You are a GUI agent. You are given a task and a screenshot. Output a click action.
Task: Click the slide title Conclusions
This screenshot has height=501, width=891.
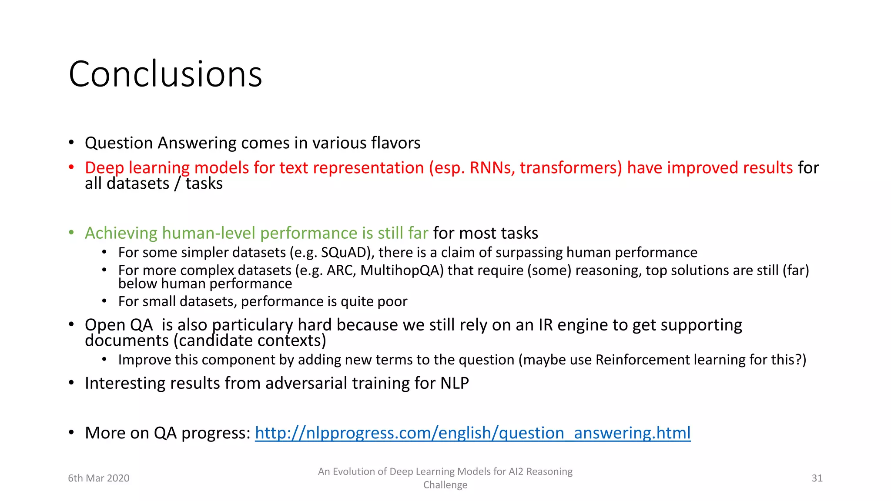click(165, 74)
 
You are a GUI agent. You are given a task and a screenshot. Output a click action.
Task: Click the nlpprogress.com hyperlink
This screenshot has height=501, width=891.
click(472, 433)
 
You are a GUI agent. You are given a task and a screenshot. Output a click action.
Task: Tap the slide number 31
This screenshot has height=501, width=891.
click(817, 478)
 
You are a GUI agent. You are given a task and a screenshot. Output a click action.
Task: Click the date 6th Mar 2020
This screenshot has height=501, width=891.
click(99, 478)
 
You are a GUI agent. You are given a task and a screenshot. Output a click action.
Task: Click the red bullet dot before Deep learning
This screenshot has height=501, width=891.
click(71, 167)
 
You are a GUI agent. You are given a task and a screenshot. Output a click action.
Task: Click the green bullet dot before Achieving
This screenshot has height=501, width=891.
click(71, 233)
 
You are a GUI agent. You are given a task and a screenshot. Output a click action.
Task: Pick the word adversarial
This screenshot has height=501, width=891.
click(306, 383)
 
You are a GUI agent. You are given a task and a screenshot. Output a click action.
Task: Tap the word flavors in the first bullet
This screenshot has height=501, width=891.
click(395, 143)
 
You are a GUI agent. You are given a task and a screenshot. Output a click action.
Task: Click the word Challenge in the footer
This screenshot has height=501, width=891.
click(445, 485)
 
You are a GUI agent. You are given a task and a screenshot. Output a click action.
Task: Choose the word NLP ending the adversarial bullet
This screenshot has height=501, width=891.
click(455, 383)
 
